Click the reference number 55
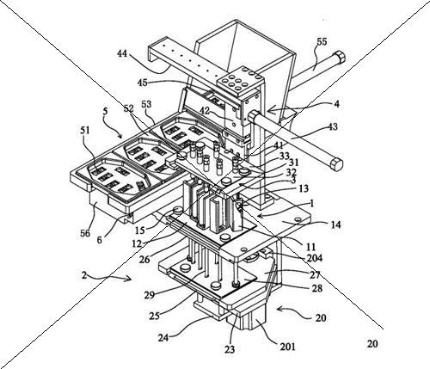[x=322, y=42]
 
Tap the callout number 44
[x=122, y=53]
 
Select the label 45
[x=142, y=83]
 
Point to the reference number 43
[x=332, y=126]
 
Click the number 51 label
[x=84, y=131]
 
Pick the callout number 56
[x=86, y=233]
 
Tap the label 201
[x=287, y=347]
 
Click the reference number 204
[x=315, y=258]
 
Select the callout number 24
[x=164, y=338]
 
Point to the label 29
[x=150, y=294]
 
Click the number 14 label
[x=336, y=224]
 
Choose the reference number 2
[x=83, y=275]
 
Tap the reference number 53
[x=146, y=104]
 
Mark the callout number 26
[x=144, y=260]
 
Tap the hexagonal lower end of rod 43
[x=336, y=164]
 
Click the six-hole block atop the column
[x=241, y=79]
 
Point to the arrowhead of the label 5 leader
[x=120, y=136]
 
